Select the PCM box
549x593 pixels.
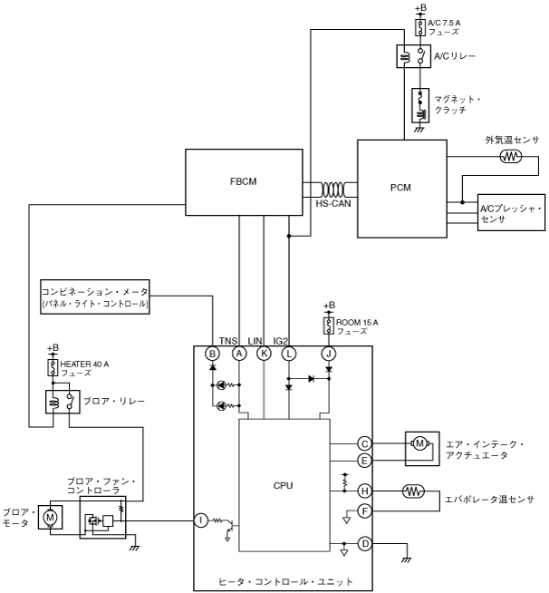(401, 188)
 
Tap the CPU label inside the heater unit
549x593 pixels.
(283, 485)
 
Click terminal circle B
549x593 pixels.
(213, 353)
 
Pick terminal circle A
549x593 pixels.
(239, 353)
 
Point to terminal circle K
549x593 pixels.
(264, 353)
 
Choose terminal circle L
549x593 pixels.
(289, 353)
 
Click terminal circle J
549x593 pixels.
(328, 353)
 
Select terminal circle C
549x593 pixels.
(365, 443)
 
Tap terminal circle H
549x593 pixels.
(365, 491)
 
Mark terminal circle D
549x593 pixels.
(365, 543)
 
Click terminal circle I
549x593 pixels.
(200, 520)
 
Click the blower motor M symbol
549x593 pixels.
(51, 517)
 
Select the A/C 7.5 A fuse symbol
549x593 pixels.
(419, 28)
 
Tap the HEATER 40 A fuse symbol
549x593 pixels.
(53, 368)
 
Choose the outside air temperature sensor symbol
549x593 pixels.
(510, 156)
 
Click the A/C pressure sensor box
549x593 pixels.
(512, 214)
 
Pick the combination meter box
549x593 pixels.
(94, 297)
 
